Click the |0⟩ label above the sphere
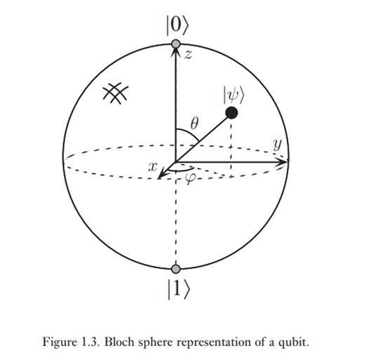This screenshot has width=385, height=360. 177,25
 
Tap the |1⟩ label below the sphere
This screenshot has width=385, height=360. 178,289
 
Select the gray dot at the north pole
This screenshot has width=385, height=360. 176,44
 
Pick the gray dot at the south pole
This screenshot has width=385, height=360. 176,269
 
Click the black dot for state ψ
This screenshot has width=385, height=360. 232,113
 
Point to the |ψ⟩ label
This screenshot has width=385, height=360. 233,95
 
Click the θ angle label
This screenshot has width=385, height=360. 195,123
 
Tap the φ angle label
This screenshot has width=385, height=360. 190,178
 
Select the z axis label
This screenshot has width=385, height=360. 188,55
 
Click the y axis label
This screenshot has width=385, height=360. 278,144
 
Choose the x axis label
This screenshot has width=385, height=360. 152,167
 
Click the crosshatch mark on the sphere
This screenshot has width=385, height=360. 115,93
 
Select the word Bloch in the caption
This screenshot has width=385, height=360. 120,342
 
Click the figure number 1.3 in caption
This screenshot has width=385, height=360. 90,342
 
